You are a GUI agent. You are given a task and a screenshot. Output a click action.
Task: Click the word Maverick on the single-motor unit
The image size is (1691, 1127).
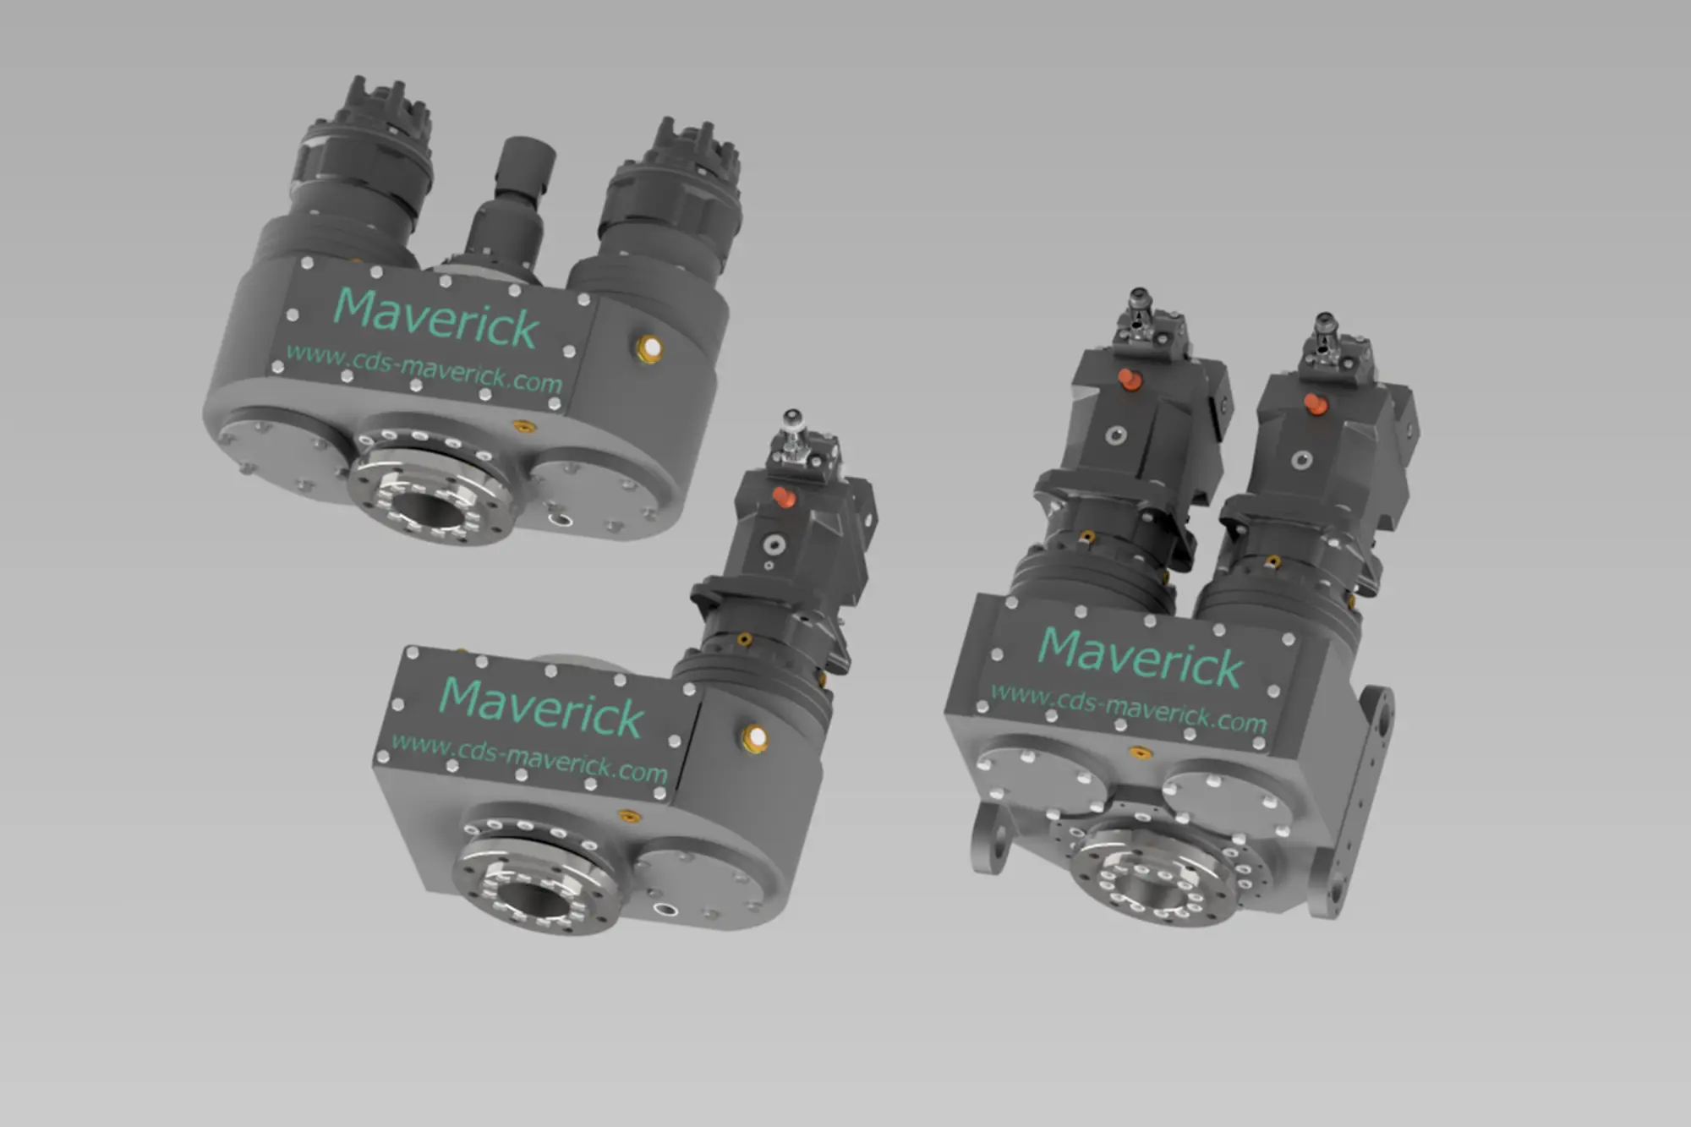[542, 708]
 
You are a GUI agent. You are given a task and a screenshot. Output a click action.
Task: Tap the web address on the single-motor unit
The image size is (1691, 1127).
[529, 758]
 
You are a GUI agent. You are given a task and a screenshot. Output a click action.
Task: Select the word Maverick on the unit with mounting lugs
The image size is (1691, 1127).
[1141, 658]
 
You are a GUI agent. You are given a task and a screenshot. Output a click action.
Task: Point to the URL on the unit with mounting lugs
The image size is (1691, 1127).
[1129, 708]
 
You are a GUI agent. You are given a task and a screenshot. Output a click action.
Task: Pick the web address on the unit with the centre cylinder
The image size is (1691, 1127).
[424, 368]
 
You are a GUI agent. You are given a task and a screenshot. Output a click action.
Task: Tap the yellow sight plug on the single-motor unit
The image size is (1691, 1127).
[754, 739]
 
